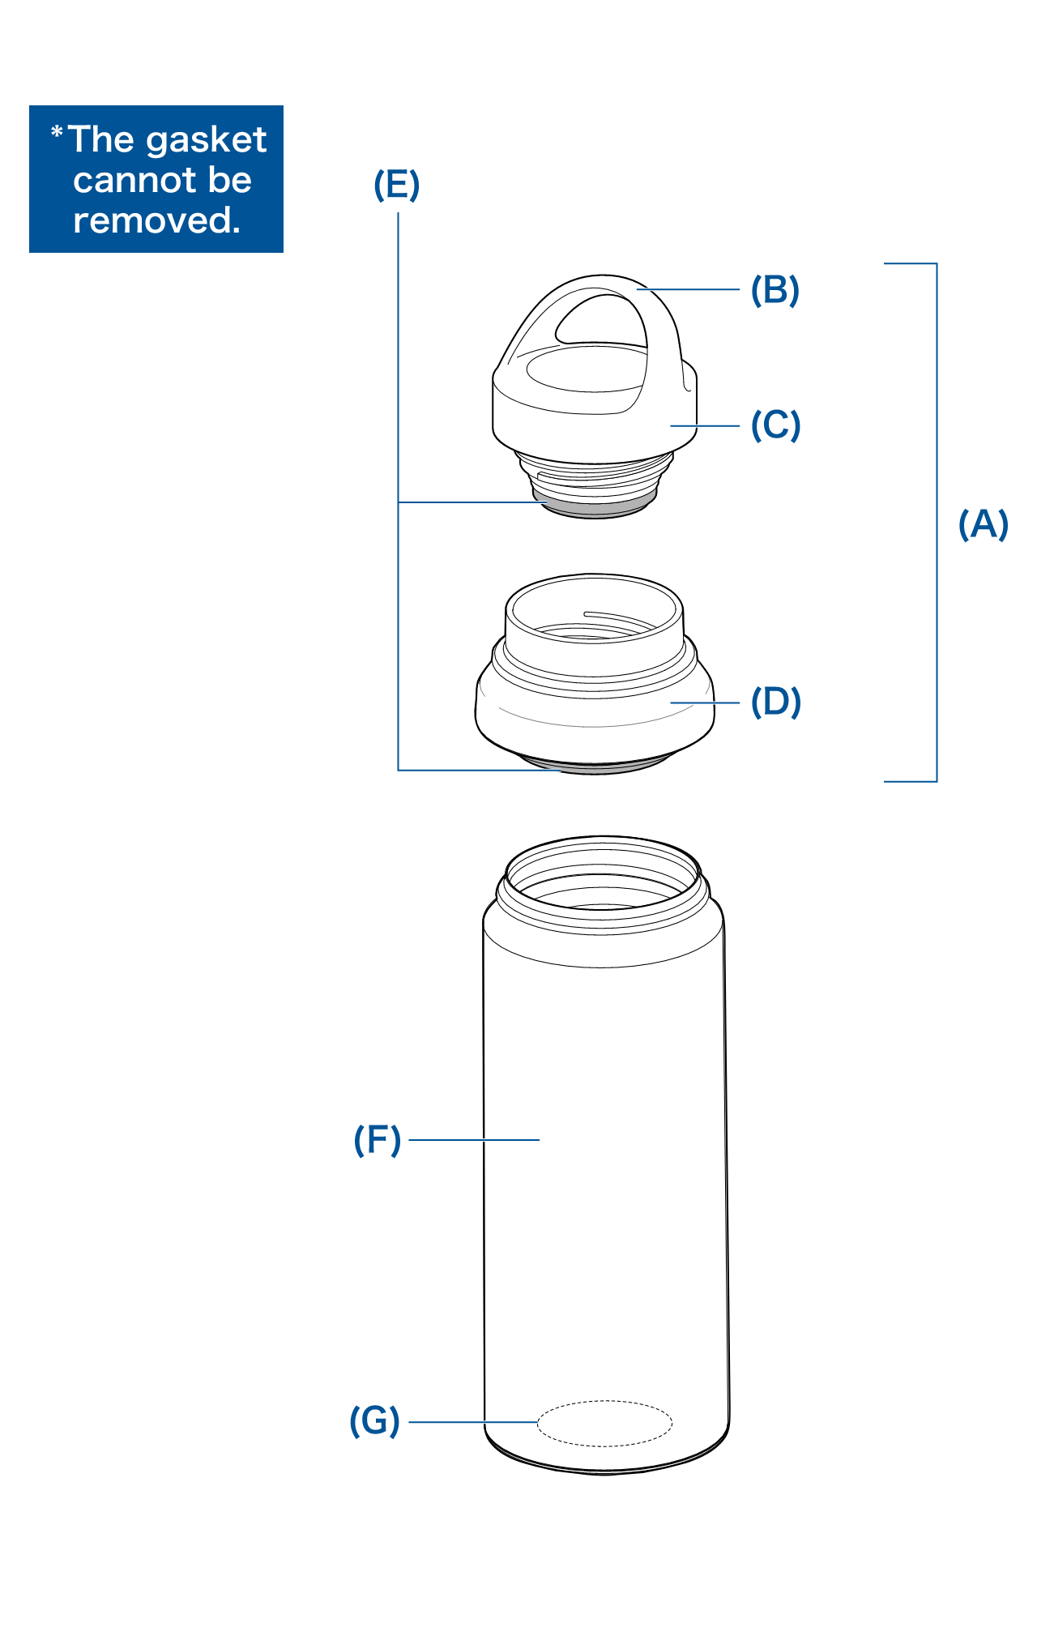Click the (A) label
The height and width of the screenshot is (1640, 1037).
(983, 524)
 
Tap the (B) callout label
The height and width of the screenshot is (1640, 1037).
(775, 290)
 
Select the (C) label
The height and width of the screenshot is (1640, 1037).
(775, 425)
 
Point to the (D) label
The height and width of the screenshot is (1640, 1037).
(775, 702)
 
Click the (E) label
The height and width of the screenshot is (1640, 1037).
(396, 185)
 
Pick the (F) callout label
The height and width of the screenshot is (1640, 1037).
(378, 1140)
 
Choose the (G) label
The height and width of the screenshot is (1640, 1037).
(374, 1420)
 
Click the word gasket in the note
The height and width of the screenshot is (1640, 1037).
(207, 140)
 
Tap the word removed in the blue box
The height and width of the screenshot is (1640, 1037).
(156, 220)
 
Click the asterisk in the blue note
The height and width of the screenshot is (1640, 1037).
(57, 132)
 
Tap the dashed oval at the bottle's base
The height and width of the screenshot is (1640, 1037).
(604, 1423)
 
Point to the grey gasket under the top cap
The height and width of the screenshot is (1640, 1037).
(595, 509)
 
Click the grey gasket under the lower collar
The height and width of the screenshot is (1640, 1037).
(595, 765)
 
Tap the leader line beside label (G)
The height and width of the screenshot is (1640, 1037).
(473, 1421)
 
